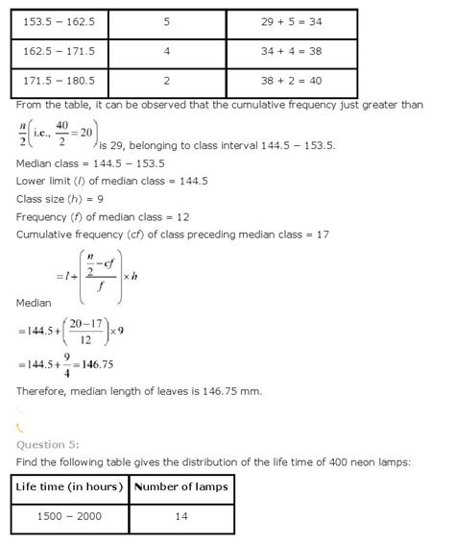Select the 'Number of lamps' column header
181,487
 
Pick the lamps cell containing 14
181,517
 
